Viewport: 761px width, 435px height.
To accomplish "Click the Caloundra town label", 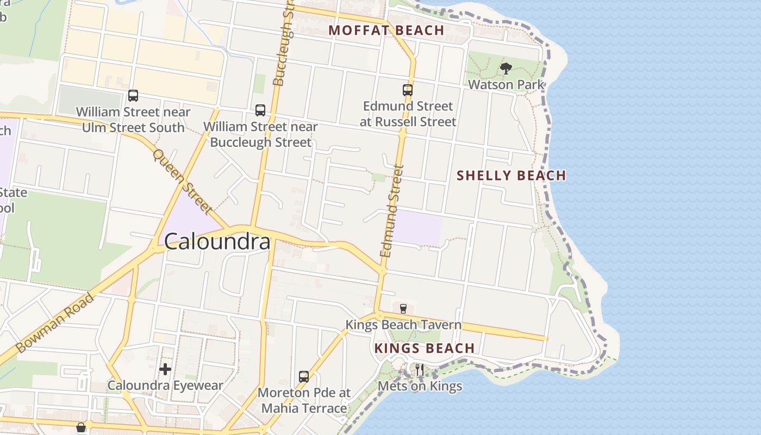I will click(217, 241).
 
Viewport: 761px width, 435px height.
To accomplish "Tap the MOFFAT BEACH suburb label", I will click(386, 30).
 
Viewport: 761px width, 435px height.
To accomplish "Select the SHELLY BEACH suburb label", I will click(511, 176).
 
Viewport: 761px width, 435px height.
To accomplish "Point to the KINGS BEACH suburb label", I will click(425, 348).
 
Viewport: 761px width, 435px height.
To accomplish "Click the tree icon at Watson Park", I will click(506, 69).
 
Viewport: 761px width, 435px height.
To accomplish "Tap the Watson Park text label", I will click(506, 85).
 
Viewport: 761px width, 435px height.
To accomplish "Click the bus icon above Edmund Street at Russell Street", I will click(408, 90).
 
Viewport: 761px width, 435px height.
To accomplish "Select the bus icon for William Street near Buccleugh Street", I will click(260, 110).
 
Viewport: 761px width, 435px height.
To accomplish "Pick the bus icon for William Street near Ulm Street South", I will click(133, 96).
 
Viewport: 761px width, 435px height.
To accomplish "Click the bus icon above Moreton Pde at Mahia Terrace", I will click(304, 376).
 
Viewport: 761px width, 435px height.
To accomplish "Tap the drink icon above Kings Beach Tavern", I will click(403, 309).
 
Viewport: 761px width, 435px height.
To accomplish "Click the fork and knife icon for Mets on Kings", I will click(420, 370).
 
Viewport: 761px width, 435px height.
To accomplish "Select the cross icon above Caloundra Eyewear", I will click(165, 370).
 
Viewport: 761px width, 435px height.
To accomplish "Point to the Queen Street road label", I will click(182, 181).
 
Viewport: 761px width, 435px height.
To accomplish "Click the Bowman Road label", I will click(54, 323).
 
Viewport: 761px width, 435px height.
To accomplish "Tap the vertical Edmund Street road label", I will click(392, 211).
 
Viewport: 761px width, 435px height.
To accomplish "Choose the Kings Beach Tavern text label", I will click(403, 325).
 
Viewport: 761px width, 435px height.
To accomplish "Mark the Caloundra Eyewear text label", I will click(165, 386).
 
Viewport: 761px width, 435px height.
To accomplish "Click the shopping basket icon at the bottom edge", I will click(81, 428).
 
